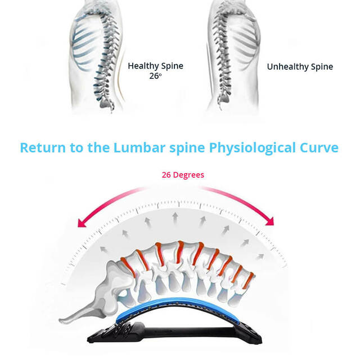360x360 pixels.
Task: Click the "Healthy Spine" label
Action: tap(155, 66)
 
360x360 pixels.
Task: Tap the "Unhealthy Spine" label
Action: tap(300, 66)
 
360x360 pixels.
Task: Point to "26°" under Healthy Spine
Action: tap(155, 76)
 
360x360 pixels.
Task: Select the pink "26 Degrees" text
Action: tap(183, 175)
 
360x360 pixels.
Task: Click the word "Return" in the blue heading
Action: tap(40, 148)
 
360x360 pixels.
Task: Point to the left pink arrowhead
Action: tap(83, 223)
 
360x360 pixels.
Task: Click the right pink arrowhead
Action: tap(269, 219)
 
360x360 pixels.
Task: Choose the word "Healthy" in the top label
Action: tap(143, 66)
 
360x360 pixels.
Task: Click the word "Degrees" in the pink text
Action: tap(189, 175)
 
